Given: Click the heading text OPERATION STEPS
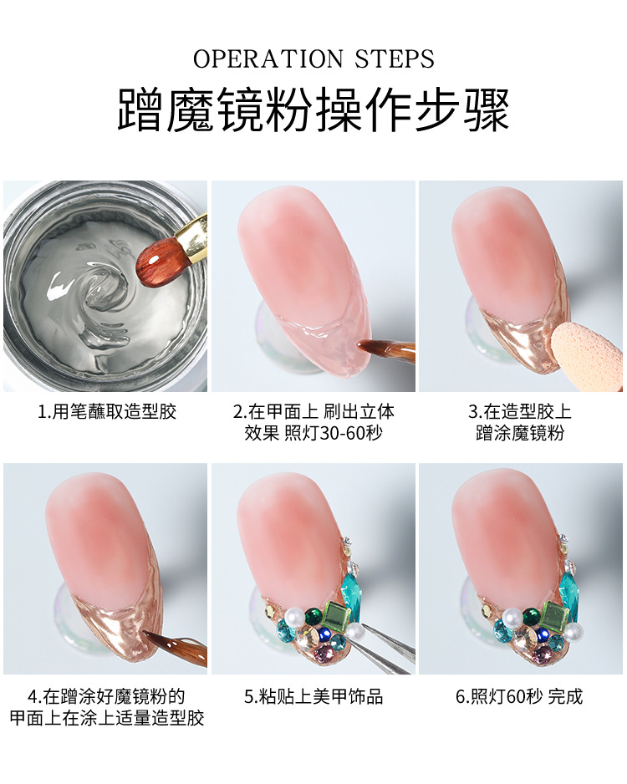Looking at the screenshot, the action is coord(313,59).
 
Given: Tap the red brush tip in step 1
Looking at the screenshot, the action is coord(157,258).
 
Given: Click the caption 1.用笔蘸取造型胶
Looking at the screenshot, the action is coord(107,411).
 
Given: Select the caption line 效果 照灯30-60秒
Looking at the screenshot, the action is coord(313,432).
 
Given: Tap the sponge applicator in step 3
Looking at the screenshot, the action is coord(588,356).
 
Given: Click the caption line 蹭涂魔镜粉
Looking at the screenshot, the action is coord(520,432).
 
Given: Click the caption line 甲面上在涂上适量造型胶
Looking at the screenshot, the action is coord(107,718).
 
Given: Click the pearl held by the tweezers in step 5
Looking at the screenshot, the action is coord(354,632).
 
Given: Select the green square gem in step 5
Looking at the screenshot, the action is coord(334,613).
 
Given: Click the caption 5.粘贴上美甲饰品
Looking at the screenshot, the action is coord(313,696).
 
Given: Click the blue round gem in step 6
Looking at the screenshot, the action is coord(542,634).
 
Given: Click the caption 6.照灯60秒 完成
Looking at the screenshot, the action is coord(520,696).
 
